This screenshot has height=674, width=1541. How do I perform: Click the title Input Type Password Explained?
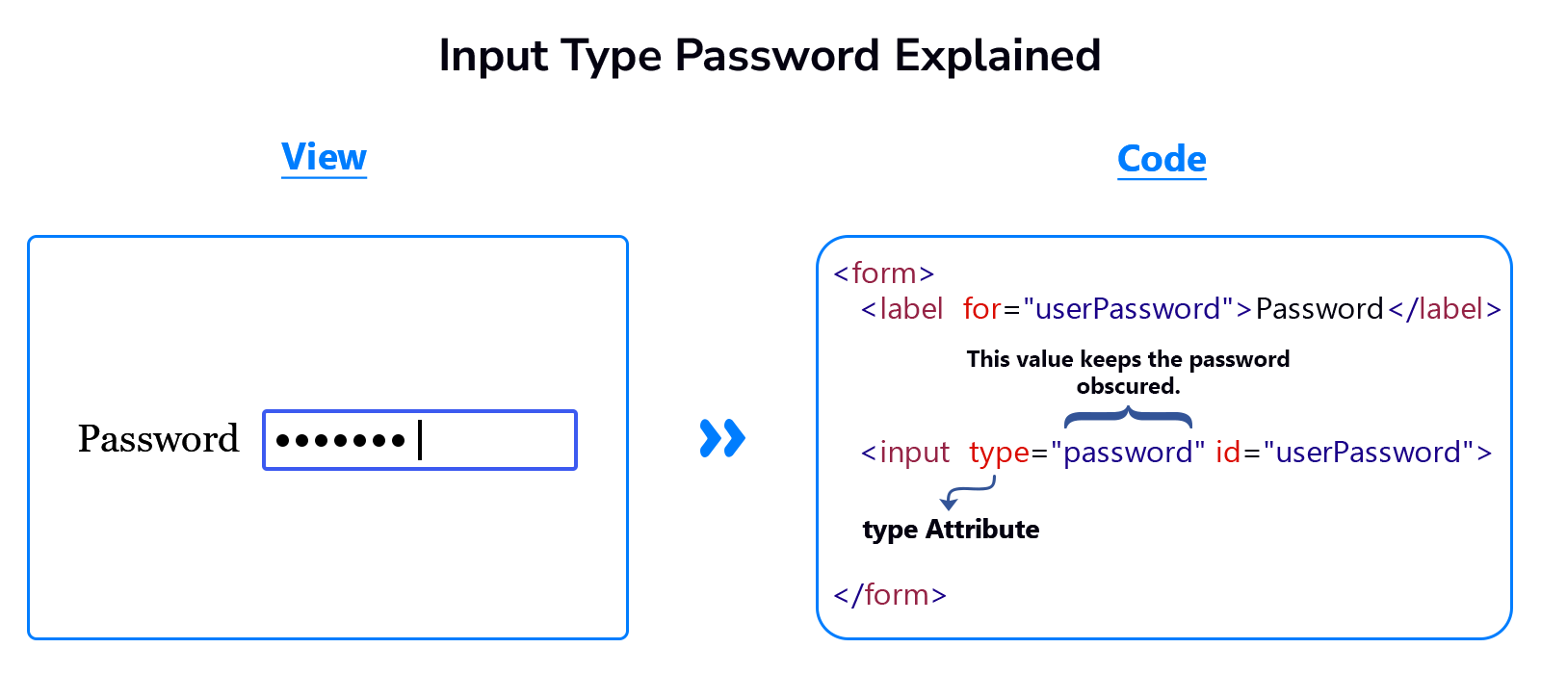(x=770, y=56)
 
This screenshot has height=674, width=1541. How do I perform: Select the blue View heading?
(x=324, y=157)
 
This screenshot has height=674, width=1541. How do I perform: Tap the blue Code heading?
(x=1162, y=159)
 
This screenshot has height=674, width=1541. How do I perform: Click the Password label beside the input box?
(x=159, y=439)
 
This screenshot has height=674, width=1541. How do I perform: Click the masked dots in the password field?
(x=341, y=441)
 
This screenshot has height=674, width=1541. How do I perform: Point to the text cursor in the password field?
(x=420, y=440)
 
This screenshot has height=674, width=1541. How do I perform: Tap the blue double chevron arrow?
(x=722, y=438)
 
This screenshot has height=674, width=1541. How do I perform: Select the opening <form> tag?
(x=884, y=273)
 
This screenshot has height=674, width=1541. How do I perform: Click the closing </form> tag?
(x=890, y=595)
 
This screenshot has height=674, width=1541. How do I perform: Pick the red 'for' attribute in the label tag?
(x=981, y=309)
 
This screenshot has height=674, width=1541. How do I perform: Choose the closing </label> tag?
(x=1445, y=309)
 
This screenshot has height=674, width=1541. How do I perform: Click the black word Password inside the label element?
(x=1319, y=309)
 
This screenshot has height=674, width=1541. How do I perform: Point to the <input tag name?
(x=905, y=453)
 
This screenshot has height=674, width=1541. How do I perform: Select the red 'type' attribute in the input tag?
(x=999, y=453)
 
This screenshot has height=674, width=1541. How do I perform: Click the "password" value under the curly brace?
(x=1128, y=453)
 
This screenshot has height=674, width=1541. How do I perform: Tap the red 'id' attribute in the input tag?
(x=1228, y=453)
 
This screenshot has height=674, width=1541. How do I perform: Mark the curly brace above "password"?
(x=1128, y=418)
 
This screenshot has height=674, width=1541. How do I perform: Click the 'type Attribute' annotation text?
(x=951, y=530)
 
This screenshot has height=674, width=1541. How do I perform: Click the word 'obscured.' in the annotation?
(x=1128, y=386)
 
